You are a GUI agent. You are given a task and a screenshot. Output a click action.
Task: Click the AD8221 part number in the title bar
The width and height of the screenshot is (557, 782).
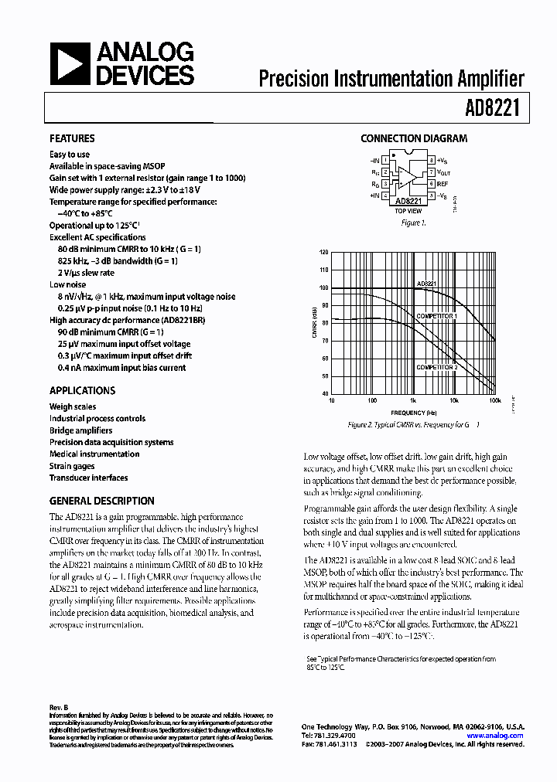click(504, 110)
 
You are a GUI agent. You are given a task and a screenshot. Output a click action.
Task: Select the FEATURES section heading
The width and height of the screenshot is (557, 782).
click(72, 139)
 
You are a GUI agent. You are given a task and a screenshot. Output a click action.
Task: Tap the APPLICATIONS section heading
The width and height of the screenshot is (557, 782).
click(82, 391)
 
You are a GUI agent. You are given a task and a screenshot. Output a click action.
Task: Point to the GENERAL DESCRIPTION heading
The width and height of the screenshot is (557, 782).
click(101, 501)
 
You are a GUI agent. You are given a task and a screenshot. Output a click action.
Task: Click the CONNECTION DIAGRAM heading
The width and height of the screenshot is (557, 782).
click(414, 139)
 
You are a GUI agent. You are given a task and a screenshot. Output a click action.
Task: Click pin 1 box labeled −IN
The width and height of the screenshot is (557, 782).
click(384, 160)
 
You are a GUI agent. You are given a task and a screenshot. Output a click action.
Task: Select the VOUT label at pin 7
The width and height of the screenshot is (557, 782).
click(443, 172)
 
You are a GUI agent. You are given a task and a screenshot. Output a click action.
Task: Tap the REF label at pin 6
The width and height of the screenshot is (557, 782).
click(442, 184)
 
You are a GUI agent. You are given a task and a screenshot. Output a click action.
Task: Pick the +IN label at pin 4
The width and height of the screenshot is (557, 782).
click(374, 196)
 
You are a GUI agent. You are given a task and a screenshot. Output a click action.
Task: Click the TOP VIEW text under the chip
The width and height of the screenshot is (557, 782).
click(408, 211)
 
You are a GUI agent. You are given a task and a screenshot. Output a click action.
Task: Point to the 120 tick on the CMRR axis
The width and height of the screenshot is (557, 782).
click(323, 253)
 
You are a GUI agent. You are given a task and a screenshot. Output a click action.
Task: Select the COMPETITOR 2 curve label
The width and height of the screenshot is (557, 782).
click(437, 367)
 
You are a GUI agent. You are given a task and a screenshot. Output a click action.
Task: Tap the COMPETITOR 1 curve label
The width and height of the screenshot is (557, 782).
click(436, 317)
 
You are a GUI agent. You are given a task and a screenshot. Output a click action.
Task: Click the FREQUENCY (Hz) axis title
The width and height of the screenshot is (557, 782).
click(413, 413)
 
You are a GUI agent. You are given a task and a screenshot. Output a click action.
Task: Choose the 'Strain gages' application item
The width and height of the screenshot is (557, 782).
click(72, 466)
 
